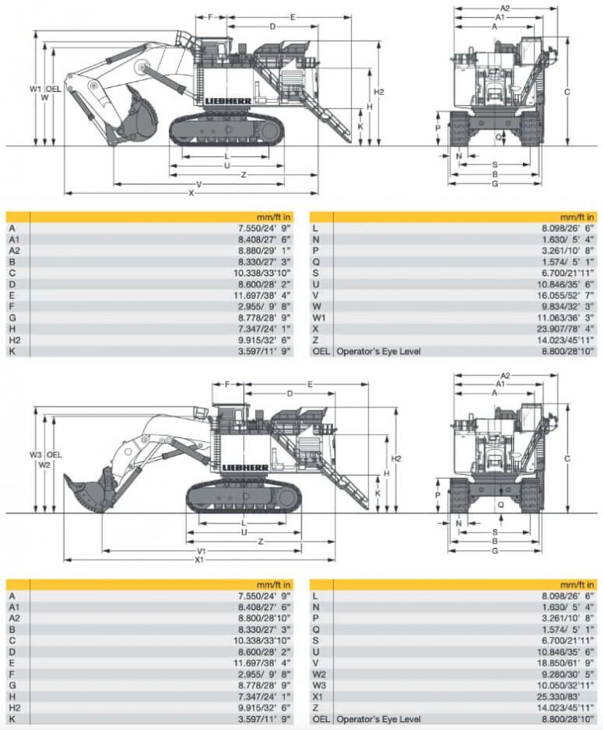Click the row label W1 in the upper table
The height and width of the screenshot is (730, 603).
point(319,317)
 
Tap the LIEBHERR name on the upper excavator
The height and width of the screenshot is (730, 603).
point(226,102)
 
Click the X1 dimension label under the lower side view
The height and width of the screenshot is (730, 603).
point(200,560)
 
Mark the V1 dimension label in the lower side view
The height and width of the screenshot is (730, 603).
point(202,550)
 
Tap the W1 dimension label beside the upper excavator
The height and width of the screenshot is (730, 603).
point(35,89)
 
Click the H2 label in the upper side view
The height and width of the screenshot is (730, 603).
point(378,92)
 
